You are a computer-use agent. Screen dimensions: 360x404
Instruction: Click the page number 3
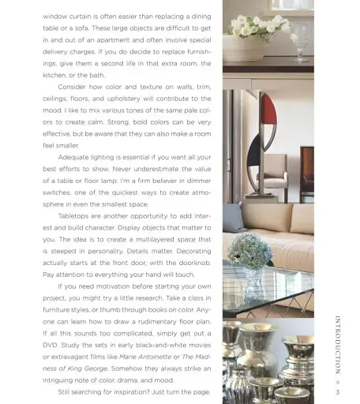point(337,392)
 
